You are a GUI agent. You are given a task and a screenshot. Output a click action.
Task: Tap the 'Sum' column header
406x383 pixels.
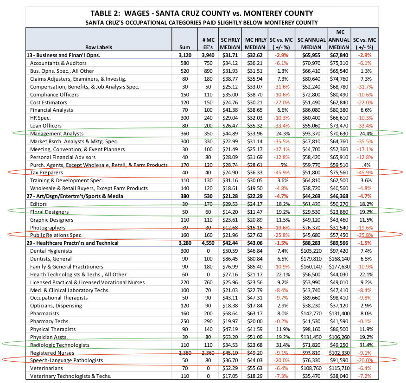(184, 47)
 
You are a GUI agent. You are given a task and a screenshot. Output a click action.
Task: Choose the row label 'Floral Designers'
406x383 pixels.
(49, 211)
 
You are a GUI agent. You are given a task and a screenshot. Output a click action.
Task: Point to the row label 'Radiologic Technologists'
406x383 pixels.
(59, 345)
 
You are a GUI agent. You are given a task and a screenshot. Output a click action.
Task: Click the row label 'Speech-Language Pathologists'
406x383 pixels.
(66, 360)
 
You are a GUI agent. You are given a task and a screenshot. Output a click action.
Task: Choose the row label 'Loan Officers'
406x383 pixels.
(46, 125)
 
